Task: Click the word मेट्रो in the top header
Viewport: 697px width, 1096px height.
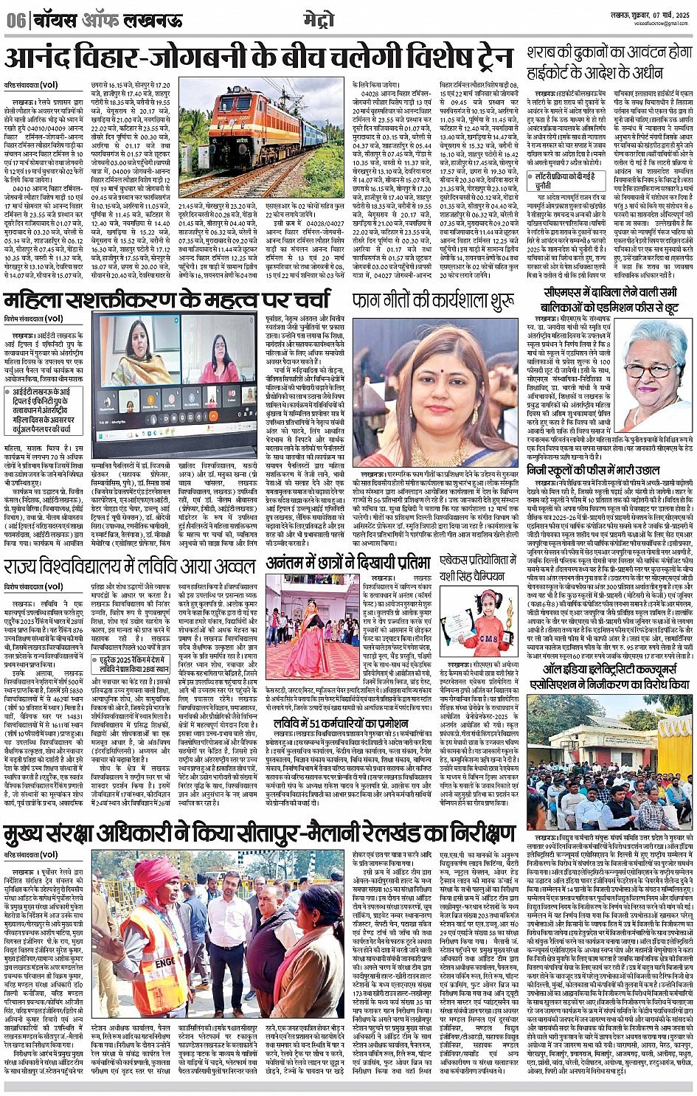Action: click(318, 18)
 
